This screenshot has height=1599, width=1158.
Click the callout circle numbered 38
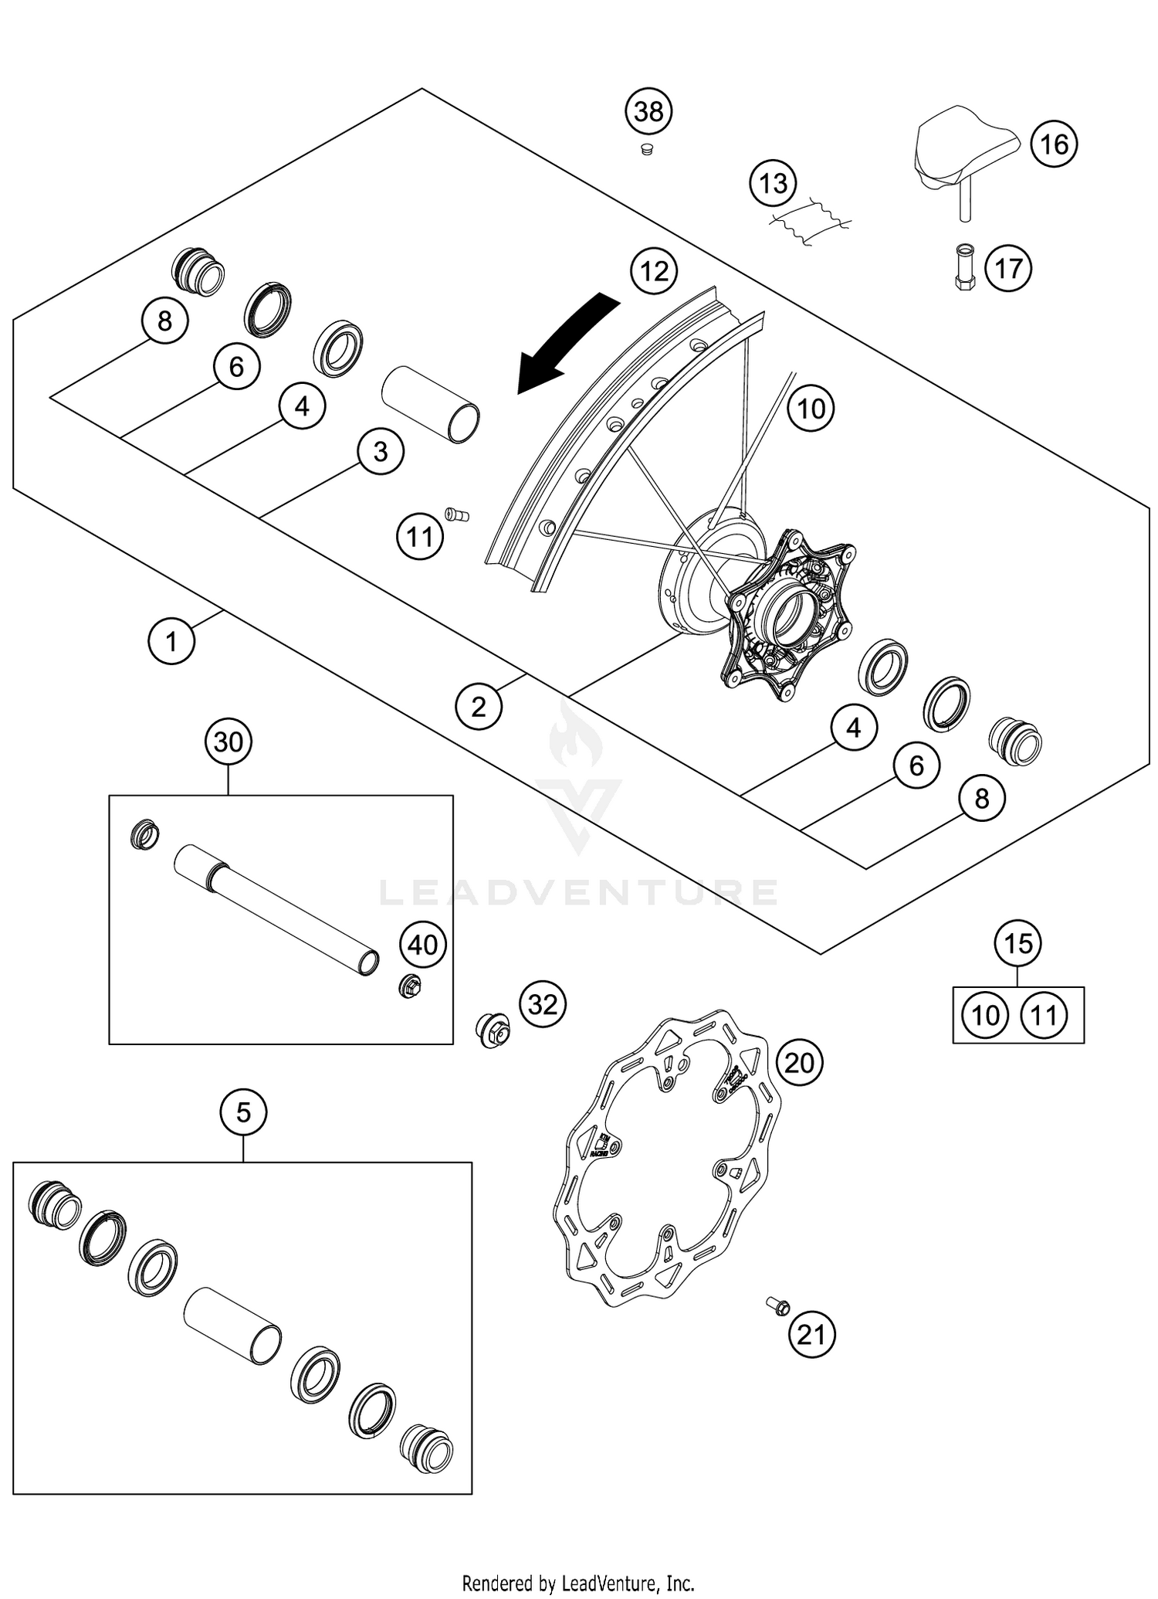tap(648, 112)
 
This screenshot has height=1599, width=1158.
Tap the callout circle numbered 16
tap(1054, 144)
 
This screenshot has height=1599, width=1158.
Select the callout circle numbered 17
tap(1007, 269)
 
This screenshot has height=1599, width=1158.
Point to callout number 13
tap(773, 184)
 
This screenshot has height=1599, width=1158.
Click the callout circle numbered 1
tap(171, 640)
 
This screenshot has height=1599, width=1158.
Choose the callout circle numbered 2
tap(479, 706)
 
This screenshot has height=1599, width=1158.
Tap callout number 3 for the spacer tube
tap(381, 451)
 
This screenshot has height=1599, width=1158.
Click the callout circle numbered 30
tap(229, 742)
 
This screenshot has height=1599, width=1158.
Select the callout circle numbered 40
tap(423, 944)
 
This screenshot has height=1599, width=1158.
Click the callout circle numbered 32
tap(543, 1004)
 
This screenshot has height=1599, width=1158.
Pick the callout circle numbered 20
tap(799, 1064)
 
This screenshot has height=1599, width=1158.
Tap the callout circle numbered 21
tap(811, 1334)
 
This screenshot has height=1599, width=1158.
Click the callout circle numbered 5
tap(243, 1113)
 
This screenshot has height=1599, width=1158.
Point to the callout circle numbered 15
tap(1017, 943)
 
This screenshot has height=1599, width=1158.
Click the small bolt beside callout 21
tap(777, 1306)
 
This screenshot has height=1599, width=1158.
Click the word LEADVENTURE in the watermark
tap(578, 893)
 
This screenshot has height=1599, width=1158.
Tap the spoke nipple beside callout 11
tap(457, 514)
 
